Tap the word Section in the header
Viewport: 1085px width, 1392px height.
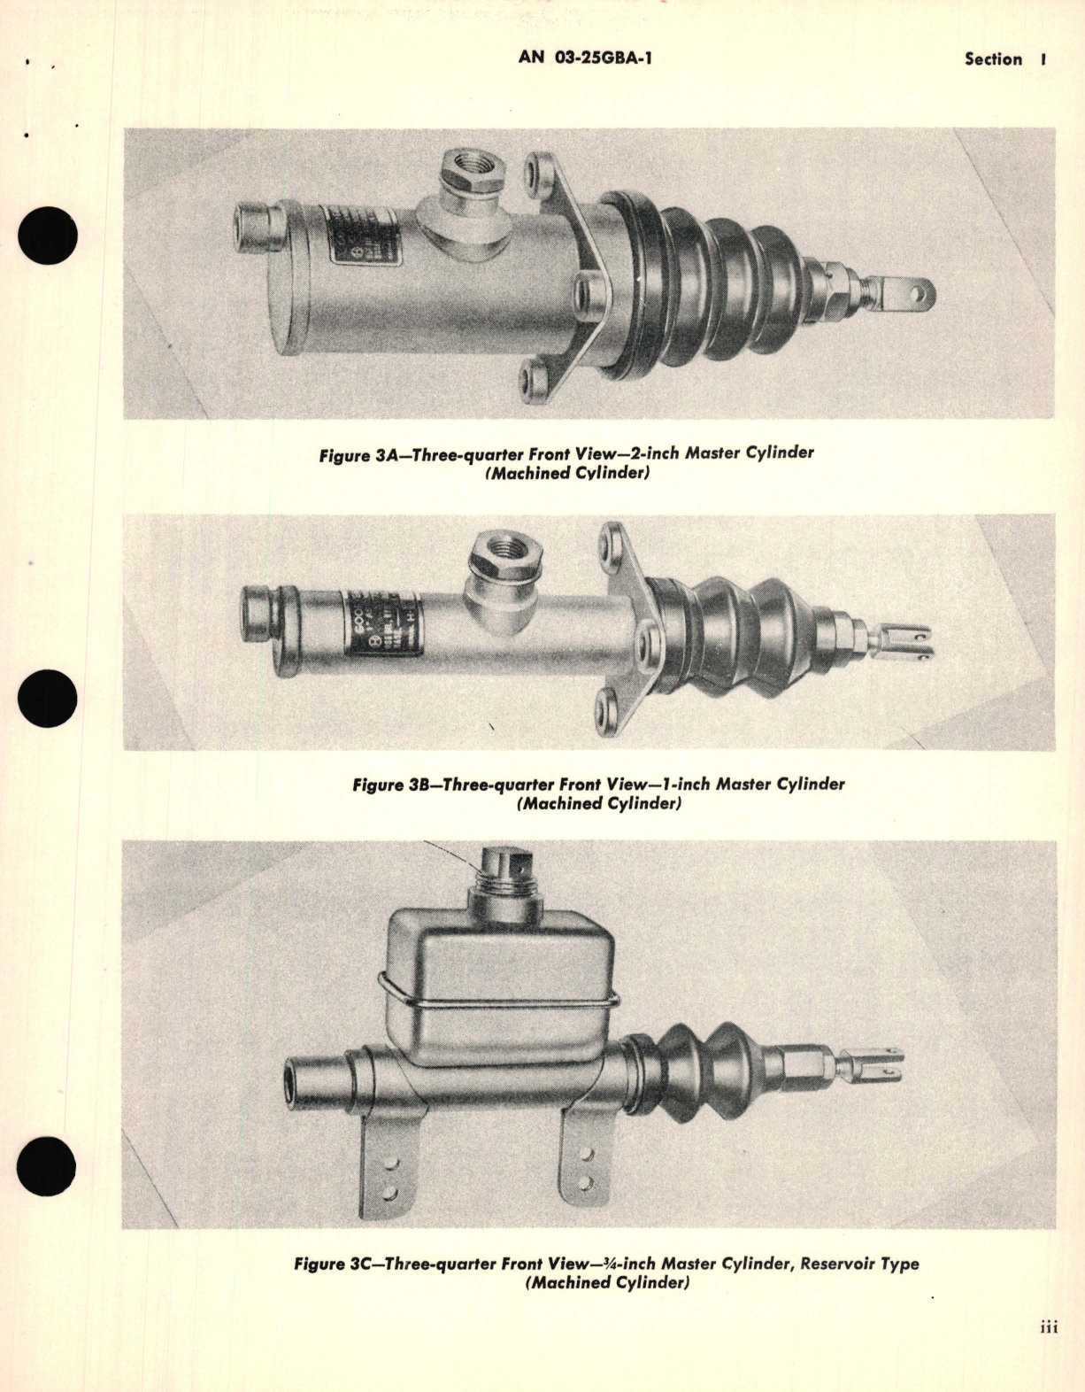(x=993, y=59)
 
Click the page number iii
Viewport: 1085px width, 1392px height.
(x=1049, y=1327)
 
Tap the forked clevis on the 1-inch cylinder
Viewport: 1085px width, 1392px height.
(x=907, y=642)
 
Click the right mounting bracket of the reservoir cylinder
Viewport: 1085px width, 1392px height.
(x=580, y=1160)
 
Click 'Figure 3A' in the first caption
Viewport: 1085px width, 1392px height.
(x=356, y=455)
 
